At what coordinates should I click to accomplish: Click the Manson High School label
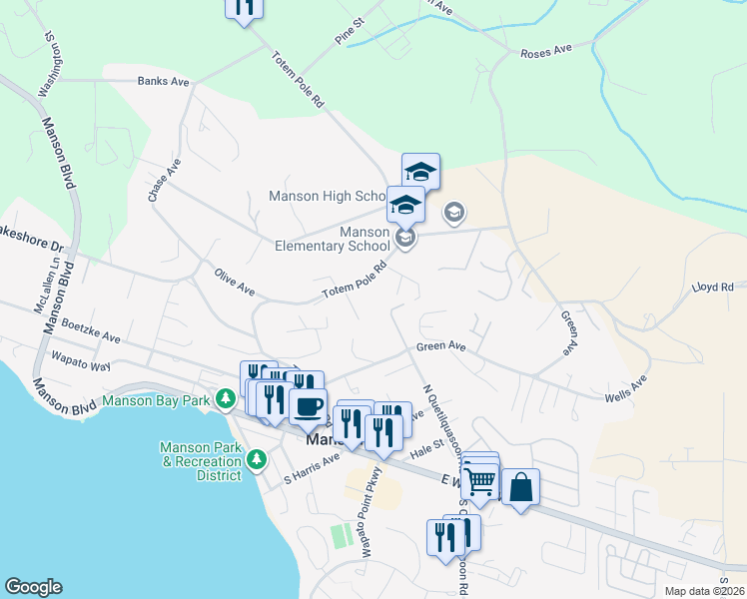coord(326,196)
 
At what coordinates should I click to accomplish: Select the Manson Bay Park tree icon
coord(227,400)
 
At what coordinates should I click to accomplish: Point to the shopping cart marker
coord(481,483)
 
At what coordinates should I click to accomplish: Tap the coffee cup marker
coord(308,406)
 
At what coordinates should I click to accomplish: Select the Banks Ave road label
coord(164,81)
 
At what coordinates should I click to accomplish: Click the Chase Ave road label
coord(164,181)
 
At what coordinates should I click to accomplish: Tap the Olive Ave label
coord(235,280)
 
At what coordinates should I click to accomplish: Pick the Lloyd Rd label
coord(713,287)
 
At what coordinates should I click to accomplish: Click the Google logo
coord(33,587)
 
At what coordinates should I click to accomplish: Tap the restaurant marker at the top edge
coord(244,7)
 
